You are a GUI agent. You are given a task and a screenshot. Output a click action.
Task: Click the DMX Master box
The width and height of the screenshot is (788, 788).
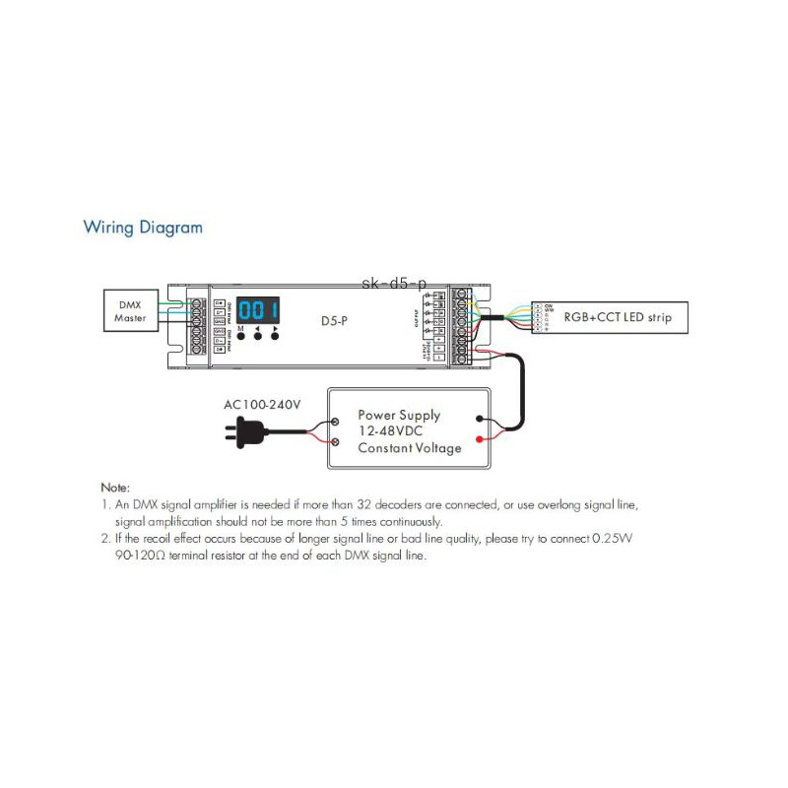[130, 311]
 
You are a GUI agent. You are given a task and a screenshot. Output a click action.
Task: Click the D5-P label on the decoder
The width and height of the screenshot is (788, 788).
[335, 321]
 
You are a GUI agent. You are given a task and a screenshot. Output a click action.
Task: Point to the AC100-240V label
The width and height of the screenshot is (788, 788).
[262, 405]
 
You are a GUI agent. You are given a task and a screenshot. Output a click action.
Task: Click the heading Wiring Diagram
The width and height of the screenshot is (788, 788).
[143, 228]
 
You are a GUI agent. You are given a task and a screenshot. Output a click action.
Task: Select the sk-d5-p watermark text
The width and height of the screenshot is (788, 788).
[395, 284]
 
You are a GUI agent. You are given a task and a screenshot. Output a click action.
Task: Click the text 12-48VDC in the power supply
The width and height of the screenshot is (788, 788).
[392, 431]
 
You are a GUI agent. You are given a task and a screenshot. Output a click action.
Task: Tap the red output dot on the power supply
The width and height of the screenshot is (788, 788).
[480, 438]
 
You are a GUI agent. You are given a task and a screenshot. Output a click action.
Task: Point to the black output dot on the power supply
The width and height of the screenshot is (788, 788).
[480, 418]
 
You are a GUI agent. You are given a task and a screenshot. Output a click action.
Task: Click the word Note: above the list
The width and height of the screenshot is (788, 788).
[115, 488]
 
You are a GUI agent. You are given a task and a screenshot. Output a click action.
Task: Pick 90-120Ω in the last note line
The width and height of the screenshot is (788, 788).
[140, 557]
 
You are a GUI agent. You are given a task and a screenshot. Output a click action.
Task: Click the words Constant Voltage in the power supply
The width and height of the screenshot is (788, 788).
[409, 448]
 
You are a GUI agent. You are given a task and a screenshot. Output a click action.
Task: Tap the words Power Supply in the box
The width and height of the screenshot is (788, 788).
[399, 415]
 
